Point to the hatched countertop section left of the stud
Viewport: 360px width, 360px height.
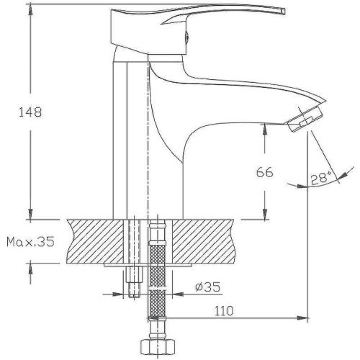tap(94, 241)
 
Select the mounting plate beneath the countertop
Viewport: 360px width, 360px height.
tap(144, 265)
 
